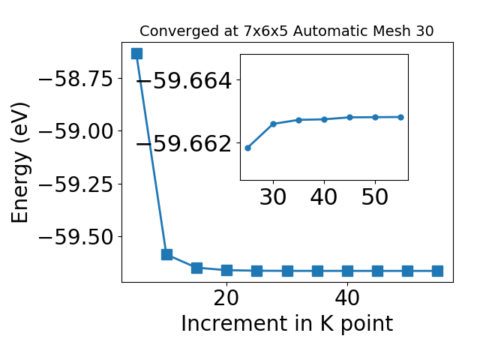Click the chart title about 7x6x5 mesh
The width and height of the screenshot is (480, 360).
pyautogui.click(x=286, y=31)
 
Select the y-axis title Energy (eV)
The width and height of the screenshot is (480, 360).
pyautogui.click(x=20, y=163)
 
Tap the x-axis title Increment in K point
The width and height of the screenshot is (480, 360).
pyautogui.click(x=287, y=323)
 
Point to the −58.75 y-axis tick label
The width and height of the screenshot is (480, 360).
pyautogui.click(x=76, y=79)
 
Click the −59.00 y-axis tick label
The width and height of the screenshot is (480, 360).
pyautogui.click(x=76, y=131)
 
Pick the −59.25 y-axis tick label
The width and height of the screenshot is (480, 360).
pyautogui.click(x=76, y=184)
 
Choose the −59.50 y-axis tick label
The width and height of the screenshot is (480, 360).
pyautogui.click(x=76, y=237)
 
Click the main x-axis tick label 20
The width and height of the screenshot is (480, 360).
pyautogui.click(x=226, y=298)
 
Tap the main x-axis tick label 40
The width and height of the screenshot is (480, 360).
pyautogui.click(x=347, y=298)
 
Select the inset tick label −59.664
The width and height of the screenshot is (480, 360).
pyautogui.click(x=184, y=81)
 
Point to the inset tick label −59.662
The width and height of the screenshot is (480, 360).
pyautogui.click(x=184, y=143)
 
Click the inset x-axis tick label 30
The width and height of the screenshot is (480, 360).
pyautogui.click(x=273, y=196)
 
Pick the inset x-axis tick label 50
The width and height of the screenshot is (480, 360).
pyautogui.click(x=375, y=196)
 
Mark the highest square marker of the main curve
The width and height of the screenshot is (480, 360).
pyautogui.click(x=136, y=53)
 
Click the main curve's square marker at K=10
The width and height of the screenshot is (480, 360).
pyautogui.click(x=166, y=254)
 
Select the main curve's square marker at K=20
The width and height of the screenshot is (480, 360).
pyautogui.click(x=226, y=270)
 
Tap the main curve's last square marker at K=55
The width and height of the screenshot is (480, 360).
pyautogui.click(x=437, y=271)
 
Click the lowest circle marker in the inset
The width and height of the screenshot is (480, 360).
pyautogui.click(x=248, y=148)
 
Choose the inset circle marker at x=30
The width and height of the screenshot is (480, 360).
pyautogui.click(x=273, y=124)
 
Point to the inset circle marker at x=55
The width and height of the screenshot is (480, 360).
pyautogui.click(x=401, y=117)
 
